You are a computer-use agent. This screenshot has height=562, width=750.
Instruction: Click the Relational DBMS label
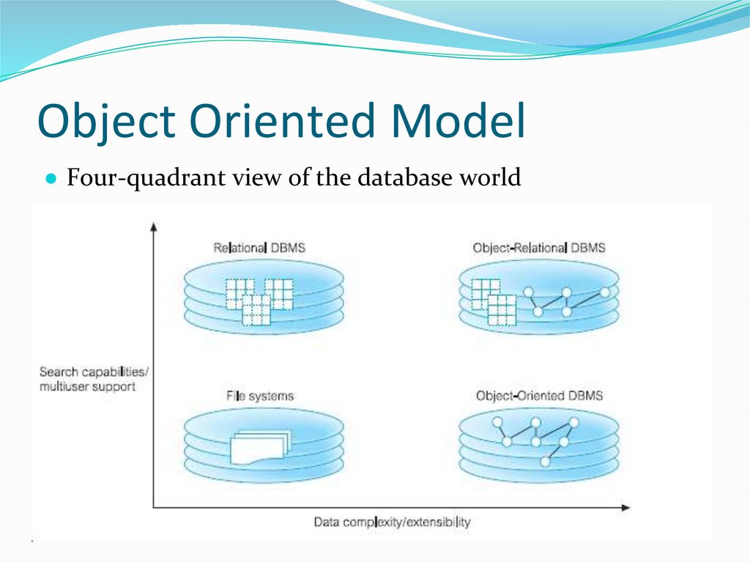click(x=259, y=248)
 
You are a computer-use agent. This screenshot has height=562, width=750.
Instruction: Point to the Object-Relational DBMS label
click(x=539, y=248)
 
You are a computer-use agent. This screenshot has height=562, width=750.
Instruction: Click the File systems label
click(x=260, y=396)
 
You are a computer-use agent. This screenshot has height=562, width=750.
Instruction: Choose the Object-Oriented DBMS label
click(x=539, y=396)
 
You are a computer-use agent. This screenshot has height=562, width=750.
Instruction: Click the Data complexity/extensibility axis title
click(x=392, y=522)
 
